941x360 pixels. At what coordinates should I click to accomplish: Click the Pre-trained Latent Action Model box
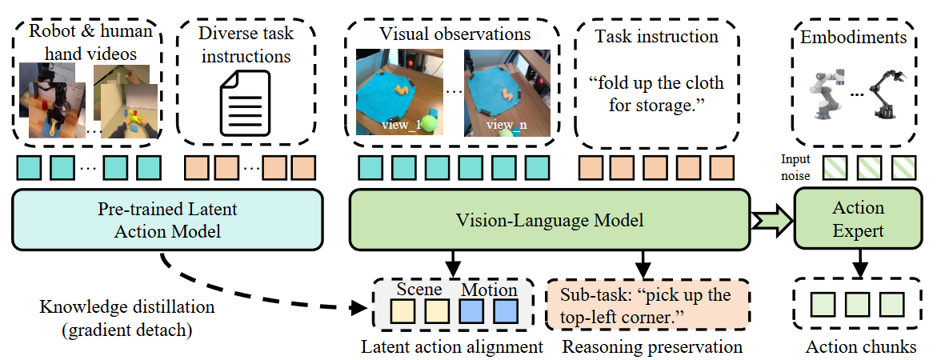(x=167, y=220)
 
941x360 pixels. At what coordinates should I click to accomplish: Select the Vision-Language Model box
(x=551, y=220)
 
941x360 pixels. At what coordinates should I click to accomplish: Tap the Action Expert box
(x=858, y=220)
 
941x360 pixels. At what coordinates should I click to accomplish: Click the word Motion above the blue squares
(x=490, y=290)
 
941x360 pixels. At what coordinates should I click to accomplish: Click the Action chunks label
(x=860, y=346)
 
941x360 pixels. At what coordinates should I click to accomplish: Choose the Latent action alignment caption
(x=452, y=346)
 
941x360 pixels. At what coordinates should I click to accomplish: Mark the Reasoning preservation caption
(x=652, y=346)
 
